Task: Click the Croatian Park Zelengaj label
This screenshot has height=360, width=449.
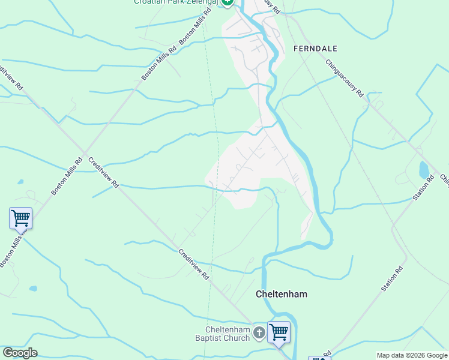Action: click(176, 2)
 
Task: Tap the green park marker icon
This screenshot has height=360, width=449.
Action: click(227, 2)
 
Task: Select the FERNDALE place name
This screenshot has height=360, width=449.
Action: click(315, 48)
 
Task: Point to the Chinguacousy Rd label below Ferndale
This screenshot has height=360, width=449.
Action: click(345, 78)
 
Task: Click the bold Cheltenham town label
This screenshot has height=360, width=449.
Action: click(282, 294)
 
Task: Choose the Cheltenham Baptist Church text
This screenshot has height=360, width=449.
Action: click(228, 334)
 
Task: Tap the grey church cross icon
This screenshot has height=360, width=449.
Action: click(259, 333)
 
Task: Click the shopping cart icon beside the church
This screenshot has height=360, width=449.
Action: click(279, 331)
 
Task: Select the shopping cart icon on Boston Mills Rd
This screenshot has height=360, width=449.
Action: click(20, 218)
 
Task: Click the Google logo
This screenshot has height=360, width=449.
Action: click(20, 352)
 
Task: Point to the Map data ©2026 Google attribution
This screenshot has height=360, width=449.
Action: click(411, 355)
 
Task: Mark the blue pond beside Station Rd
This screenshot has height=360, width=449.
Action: click(424, 170)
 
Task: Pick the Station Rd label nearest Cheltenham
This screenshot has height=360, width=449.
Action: click(390, 279)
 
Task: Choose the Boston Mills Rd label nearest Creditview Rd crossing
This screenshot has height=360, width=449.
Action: click(67, 176)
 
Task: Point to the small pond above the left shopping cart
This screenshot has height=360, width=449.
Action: click(21, 181)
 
